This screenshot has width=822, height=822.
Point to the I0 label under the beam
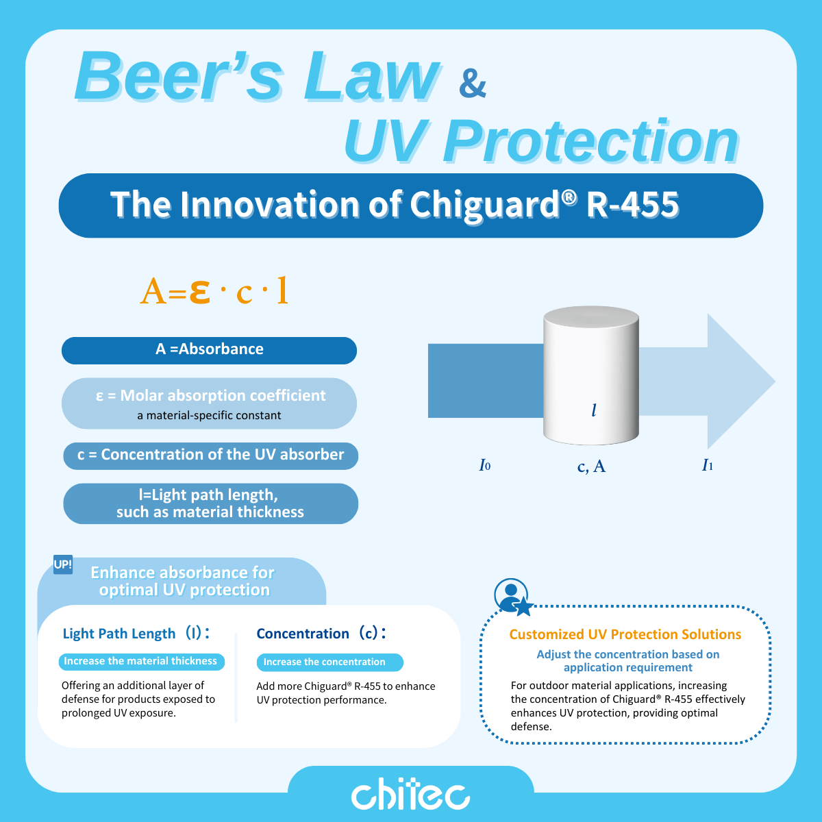pyautogui.click(x=484, y=466)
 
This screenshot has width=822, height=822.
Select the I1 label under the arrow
pyautogui.click(x=708, y=466)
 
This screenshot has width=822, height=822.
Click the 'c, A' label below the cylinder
pyautogui.click(x=591, y=466)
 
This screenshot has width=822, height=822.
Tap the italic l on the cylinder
pyautogui.click(x=594, y=410)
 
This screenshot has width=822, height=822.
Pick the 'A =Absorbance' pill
pyautogui.click(x=209, y=350)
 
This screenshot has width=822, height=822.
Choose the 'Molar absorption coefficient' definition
pyautogui.click(x=209, y=403)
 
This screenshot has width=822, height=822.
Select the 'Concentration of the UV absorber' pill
pyautogui.click(x=210, y=456)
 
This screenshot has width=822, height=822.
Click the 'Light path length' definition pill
pyautogui.click(x=210, y=503)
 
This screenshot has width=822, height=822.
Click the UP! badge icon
pyautogui.click(x=63, y=564)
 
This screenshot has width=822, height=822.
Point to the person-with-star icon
pyautogui.click(x=512, y=597)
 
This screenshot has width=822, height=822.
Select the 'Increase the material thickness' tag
pyautogui.click(x=140, y=662)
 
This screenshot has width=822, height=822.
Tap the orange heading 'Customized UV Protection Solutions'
pyautogui.click(x=625, y=634)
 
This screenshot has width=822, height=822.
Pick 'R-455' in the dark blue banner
pyautogui.click(x=633, y=204)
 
